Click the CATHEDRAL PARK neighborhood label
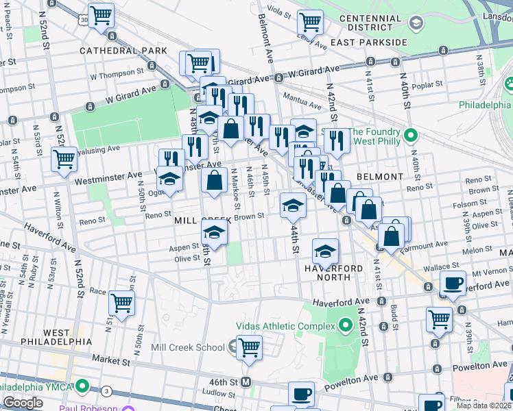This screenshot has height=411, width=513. tap(123, 51)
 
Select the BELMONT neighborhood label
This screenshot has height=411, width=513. tap(380, 177)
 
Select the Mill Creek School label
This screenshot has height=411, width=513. tap(187, 348)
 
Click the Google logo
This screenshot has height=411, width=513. tap(23, 403)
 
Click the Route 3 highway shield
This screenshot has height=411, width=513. tap(107, 390)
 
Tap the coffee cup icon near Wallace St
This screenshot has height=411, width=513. tap(453, 283)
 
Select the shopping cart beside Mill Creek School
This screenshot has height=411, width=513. tap(249, 347)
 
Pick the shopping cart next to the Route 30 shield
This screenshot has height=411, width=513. tap(102, 14)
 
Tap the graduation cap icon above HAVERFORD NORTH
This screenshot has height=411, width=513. tap(326, 251)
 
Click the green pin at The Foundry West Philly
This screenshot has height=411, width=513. tap(410, 134)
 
